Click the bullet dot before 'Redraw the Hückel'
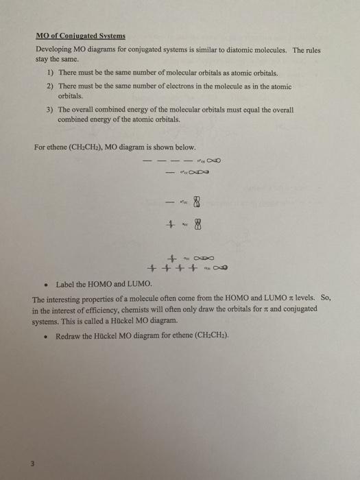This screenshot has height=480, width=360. (x=45, y=336)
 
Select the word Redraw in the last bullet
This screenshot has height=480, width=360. (x=69, y=336)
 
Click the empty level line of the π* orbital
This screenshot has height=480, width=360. (x=170, y=202)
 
